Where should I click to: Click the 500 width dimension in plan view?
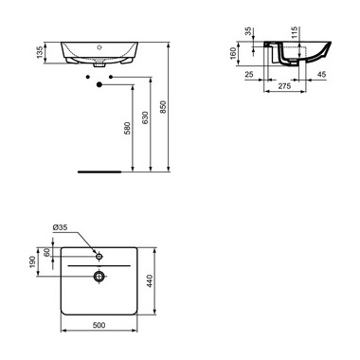(x=99, y=326)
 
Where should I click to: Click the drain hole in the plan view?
(x=99, y=277)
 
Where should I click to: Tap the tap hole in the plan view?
(x=99, y=255)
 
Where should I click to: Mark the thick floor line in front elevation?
(x=99, y=171)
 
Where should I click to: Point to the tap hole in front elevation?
(x=99, y=45)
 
